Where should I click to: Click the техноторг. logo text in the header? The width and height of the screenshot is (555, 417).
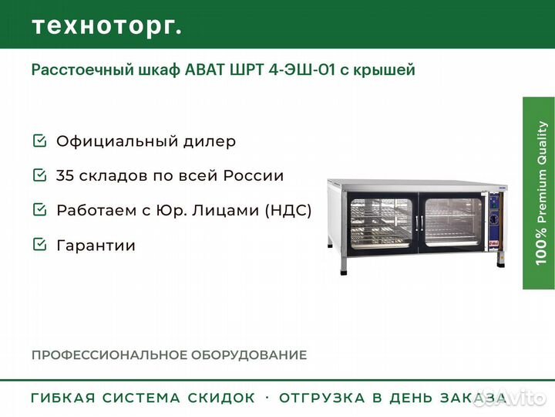(x=107, y=26)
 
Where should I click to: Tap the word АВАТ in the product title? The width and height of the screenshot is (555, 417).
(x=205, y=69)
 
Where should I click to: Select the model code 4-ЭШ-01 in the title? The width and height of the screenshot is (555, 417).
(x=301, y=69)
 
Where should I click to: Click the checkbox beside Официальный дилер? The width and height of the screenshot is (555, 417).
(x=39, y=141)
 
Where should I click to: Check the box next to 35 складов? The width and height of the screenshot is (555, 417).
(x=39, y=175)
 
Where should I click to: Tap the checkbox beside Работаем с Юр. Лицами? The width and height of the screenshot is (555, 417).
(x=39, y=209)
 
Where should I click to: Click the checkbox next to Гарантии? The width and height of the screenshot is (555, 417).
(x=39, y=244)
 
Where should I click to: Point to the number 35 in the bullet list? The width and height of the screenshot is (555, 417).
(x=65, y=175)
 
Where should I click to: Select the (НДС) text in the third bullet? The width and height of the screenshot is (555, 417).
(x=288, y=210)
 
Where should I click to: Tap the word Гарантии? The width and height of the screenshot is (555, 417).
(x=96, y=246)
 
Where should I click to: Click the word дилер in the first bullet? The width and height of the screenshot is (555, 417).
(x=210, y=141)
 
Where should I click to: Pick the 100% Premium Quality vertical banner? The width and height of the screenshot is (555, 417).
(x=539, y=193)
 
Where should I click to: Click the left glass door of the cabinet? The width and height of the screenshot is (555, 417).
(x=382, y=222)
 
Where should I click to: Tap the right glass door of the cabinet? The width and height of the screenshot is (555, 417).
(x=452, y=222)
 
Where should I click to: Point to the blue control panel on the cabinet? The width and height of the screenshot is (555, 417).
(x=493, y=221)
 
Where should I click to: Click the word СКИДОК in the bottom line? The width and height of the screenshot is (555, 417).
(x=221, y=398)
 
